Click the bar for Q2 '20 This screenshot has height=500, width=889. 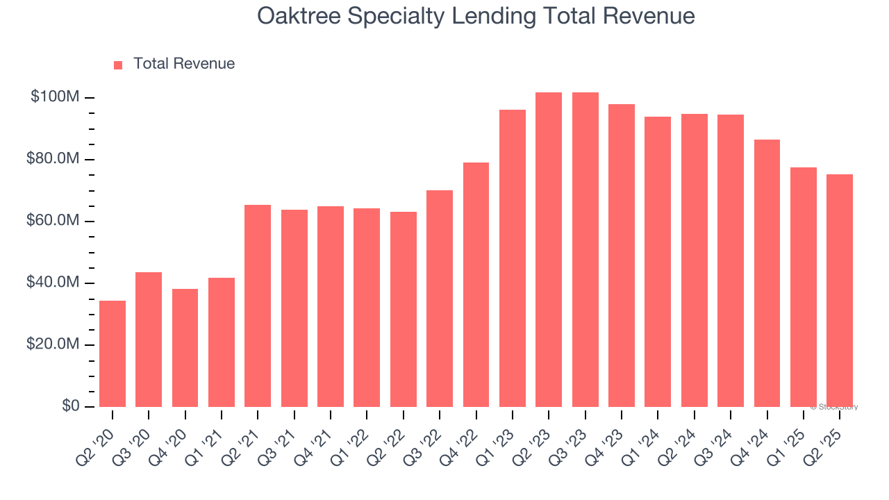click(113, 353)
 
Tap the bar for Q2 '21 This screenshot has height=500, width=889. click(258, 306)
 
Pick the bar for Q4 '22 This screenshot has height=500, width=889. click(476, 285)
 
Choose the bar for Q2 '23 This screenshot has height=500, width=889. click(549, 249)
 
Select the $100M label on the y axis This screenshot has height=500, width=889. click(55, 97)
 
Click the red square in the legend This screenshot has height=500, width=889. click(118, 65)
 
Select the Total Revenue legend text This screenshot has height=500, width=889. click(184, 64)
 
